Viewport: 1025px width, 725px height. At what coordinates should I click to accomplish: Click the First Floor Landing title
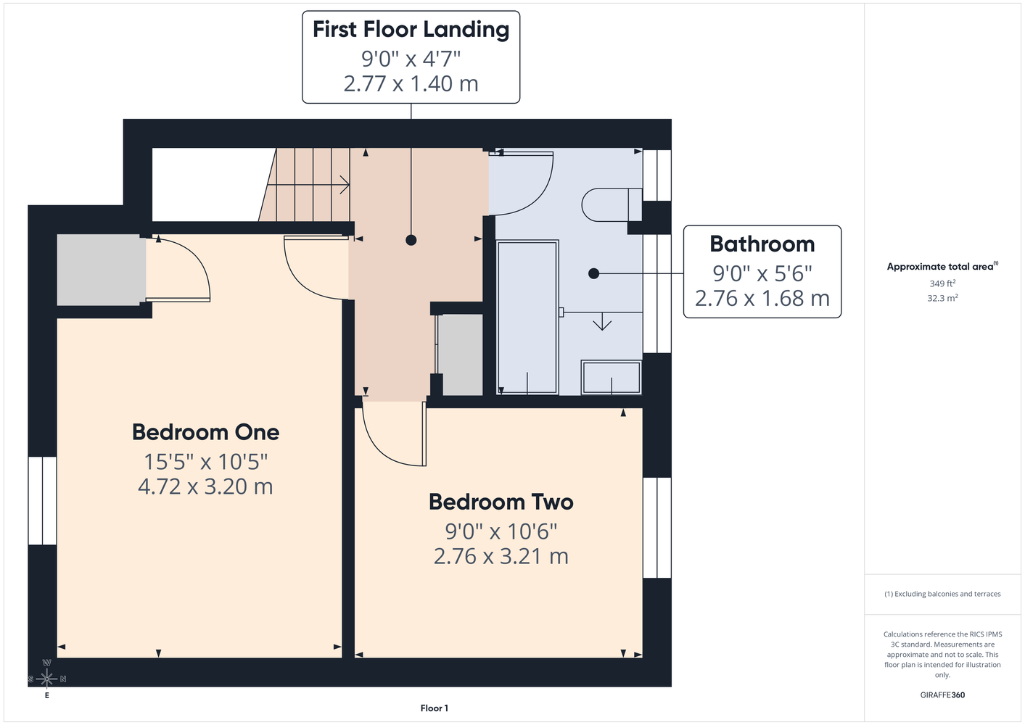(411, 30)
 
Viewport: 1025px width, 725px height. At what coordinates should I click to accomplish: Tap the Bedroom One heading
(205, 432)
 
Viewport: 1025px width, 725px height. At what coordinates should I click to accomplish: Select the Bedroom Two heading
(501, 502)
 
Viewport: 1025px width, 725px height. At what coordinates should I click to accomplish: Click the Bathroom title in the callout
(762, 244)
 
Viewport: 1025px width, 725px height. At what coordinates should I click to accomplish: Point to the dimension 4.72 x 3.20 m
(205, 486)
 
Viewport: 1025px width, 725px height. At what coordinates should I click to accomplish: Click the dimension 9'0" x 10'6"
(501, 531)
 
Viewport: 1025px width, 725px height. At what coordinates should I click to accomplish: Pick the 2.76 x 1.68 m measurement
(762, 298)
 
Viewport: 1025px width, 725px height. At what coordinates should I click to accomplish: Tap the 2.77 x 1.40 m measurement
(411, 83)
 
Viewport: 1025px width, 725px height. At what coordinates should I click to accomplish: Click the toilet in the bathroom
(612, 205)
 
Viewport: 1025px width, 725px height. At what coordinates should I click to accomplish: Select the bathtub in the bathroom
(527, 317)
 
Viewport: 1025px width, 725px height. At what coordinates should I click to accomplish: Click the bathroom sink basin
(612, 378)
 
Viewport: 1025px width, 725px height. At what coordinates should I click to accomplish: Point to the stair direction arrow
(309, 186)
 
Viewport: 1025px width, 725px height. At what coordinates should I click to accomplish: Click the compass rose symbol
(46, 679)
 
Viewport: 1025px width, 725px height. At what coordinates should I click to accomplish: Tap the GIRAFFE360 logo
(942, 695)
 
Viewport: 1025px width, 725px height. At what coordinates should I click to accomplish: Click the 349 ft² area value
(942, 283)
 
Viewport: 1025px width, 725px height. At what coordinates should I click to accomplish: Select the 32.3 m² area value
(942, 298)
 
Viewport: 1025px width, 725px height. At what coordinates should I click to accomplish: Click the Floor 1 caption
(435, 708)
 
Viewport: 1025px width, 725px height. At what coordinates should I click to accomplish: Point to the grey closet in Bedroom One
(101, 270)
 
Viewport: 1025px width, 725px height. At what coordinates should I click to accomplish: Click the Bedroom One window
(43, 501)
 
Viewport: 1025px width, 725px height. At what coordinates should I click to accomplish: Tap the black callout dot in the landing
(411, 240)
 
